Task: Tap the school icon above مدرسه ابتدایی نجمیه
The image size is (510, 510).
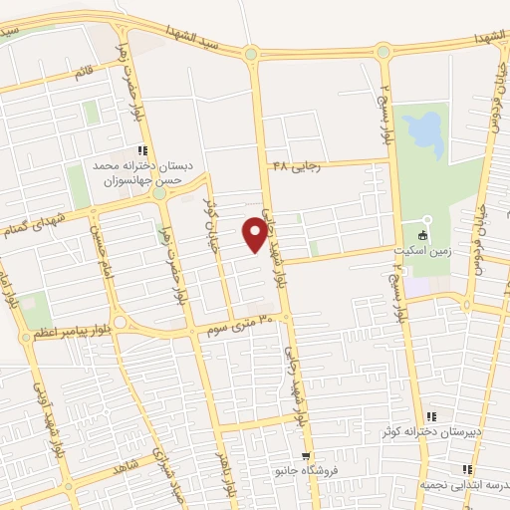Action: pyautogui.click(x=464, y=468)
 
